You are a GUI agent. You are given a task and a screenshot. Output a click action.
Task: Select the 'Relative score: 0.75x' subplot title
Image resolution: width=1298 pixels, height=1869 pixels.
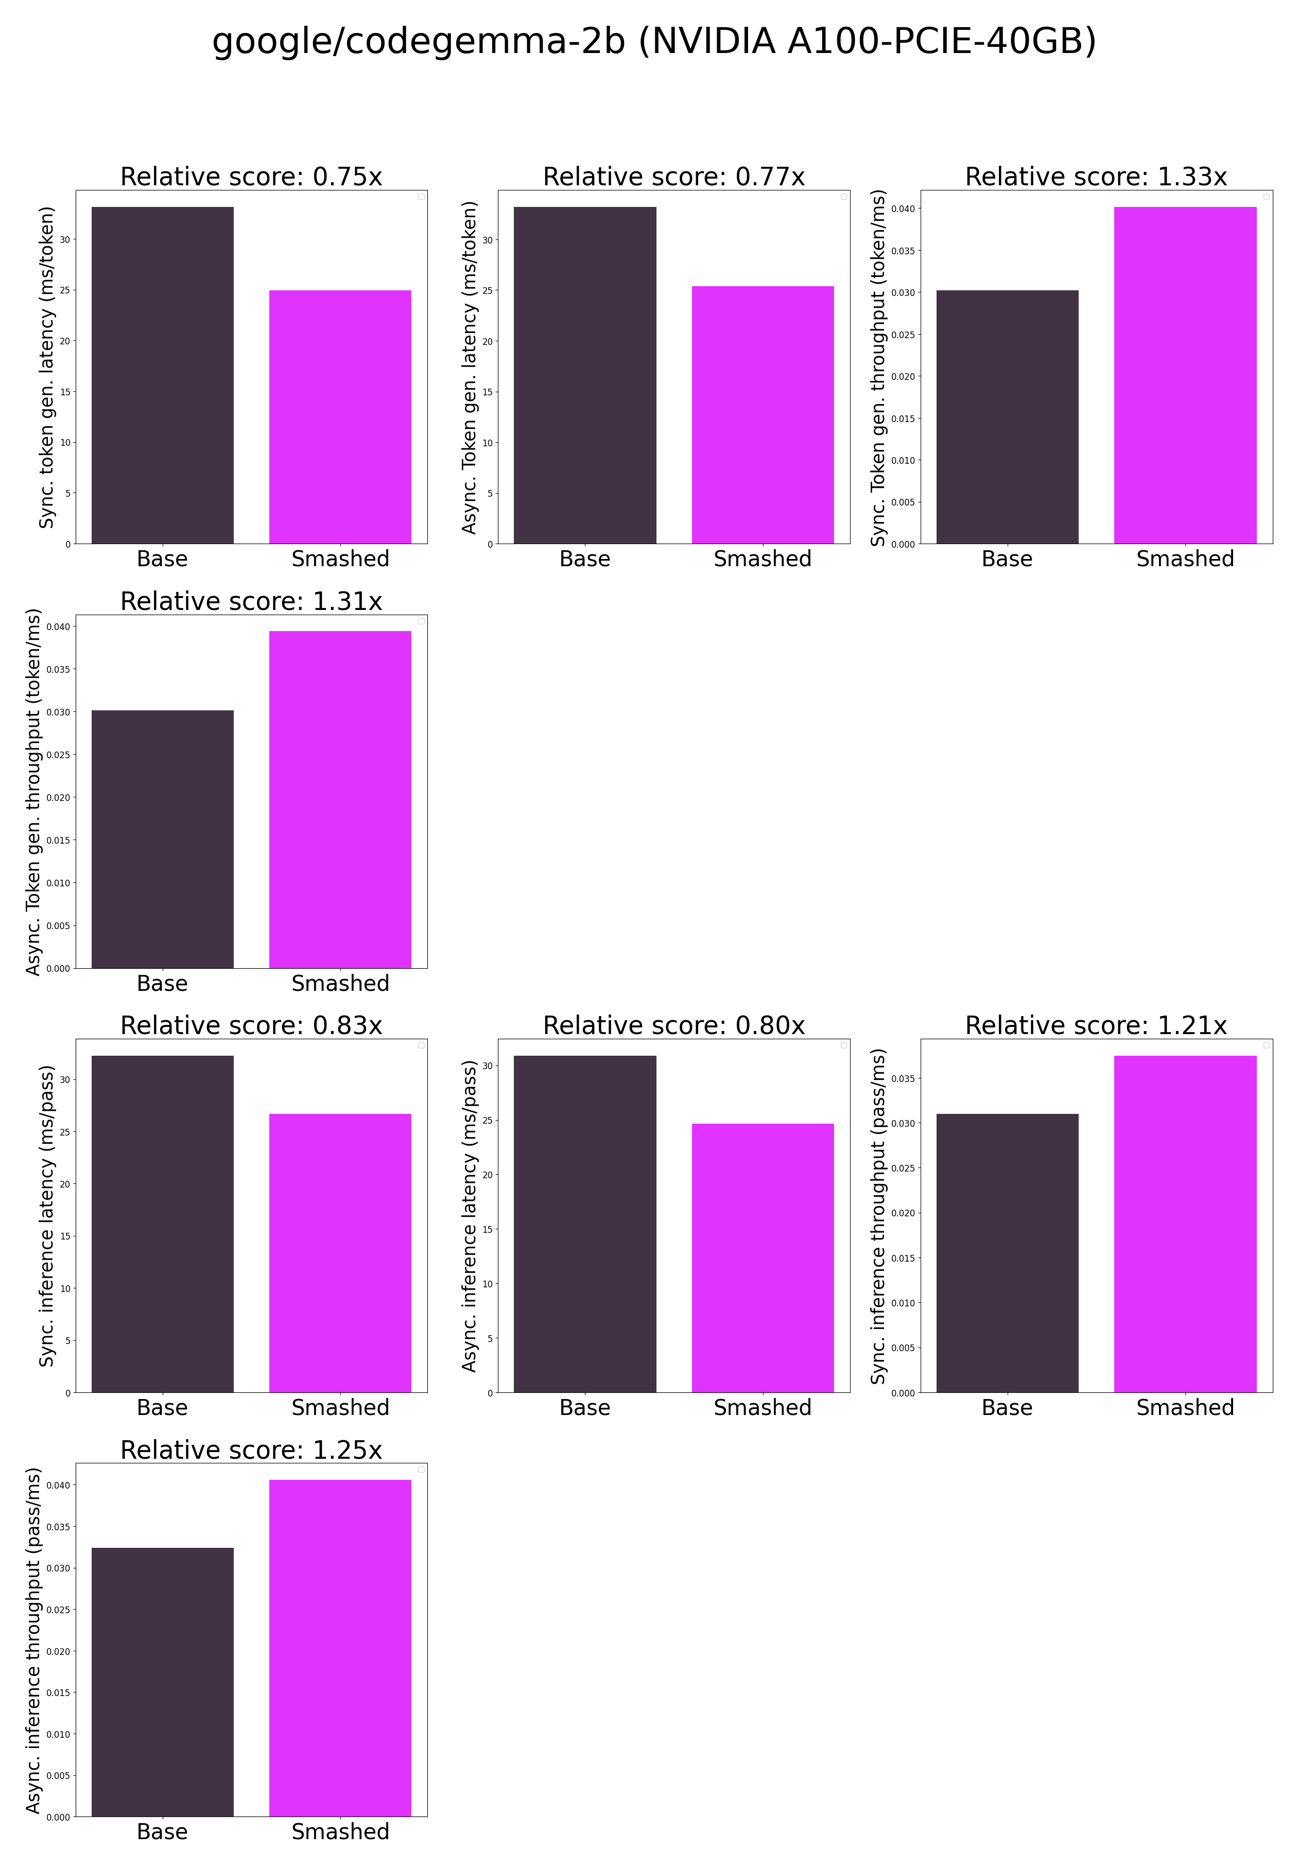(x=251, y=177)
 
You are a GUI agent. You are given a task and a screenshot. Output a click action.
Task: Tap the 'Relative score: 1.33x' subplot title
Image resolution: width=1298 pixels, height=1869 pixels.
(x=1096, y=177)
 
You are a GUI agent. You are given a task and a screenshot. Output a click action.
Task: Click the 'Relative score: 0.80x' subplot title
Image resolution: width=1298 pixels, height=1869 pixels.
(x=673, y=1025)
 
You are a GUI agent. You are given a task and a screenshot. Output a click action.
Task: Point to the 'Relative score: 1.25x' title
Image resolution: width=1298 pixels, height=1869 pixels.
(x=251, y=1449)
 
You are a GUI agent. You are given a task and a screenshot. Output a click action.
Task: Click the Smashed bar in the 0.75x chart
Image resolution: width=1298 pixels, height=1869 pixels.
(x=340, y=416)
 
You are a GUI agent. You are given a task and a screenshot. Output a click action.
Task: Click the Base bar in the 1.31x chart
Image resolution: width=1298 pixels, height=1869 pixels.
(x=163, y=839)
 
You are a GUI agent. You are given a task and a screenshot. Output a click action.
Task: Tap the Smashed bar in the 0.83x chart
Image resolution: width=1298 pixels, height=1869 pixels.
(x=340, y=1253)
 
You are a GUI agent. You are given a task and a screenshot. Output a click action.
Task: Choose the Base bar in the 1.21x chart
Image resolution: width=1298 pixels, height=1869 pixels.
(x=1007, y=1253)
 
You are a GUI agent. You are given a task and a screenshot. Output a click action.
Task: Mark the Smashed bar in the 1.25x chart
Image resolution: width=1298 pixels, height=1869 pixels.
(x=340, y=1648)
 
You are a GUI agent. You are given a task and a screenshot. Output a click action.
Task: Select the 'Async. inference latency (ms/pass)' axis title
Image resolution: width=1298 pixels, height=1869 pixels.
(x=469, y=1216)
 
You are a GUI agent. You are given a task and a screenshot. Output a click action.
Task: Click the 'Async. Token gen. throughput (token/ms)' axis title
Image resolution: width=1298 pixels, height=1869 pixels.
(x=33, y=792)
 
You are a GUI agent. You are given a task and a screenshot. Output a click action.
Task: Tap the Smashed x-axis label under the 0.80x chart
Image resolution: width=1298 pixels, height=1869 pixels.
(x=762, y=1407)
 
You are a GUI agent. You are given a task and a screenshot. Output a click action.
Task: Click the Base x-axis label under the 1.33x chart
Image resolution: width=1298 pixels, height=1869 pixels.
(x=1007, y=558)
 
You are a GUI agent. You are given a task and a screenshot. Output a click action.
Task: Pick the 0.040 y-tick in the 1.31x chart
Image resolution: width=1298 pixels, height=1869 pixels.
(x=58, y=627)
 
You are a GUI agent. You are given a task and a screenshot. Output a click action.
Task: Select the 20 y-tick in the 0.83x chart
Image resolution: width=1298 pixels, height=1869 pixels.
(x=64, y=1184)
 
